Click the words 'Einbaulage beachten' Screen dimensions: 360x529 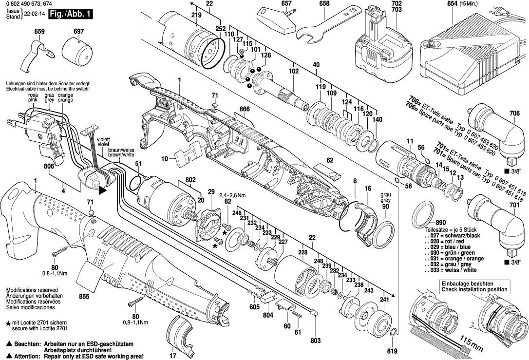[467, 284]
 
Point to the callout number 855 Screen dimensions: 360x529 [84, 296]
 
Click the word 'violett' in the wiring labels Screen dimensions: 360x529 [103, 139]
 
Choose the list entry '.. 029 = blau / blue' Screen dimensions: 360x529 [450, 247]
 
